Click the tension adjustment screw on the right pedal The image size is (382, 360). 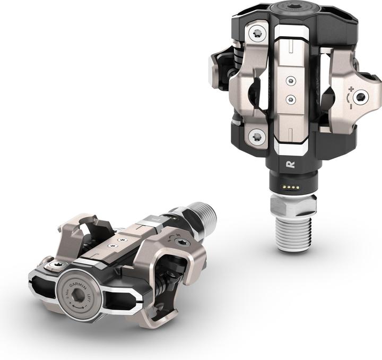point(361,97)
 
